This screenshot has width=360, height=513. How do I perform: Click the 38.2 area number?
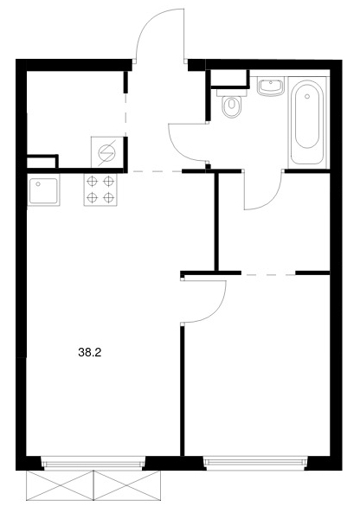[90, 352]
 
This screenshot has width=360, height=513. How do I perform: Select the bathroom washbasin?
[270, 87]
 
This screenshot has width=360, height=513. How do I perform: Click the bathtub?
[307, 121]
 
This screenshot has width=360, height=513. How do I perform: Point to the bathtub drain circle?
[307, 96]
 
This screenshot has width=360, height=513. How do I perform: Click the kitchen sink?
[43, 189]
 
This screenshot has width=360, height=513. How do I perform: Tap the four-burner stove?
[100, 189]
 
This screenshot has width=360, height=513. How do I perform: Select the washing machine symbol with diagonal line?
[107, 152]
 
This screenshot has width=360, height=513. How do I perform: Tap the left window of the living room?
[94, 464]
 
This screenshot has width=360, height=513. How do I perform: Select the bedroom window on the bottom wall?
[255, 463]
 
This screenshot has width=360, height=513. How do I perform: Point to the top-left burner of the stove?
[93, 182]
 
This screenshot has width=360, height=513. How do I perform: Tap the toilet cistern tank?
[232, 92]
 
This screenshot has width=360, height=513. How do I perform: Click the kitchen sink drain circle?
[38, 184]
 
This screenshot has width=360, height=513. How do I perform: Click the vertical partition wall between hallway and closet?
[216, 221]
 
